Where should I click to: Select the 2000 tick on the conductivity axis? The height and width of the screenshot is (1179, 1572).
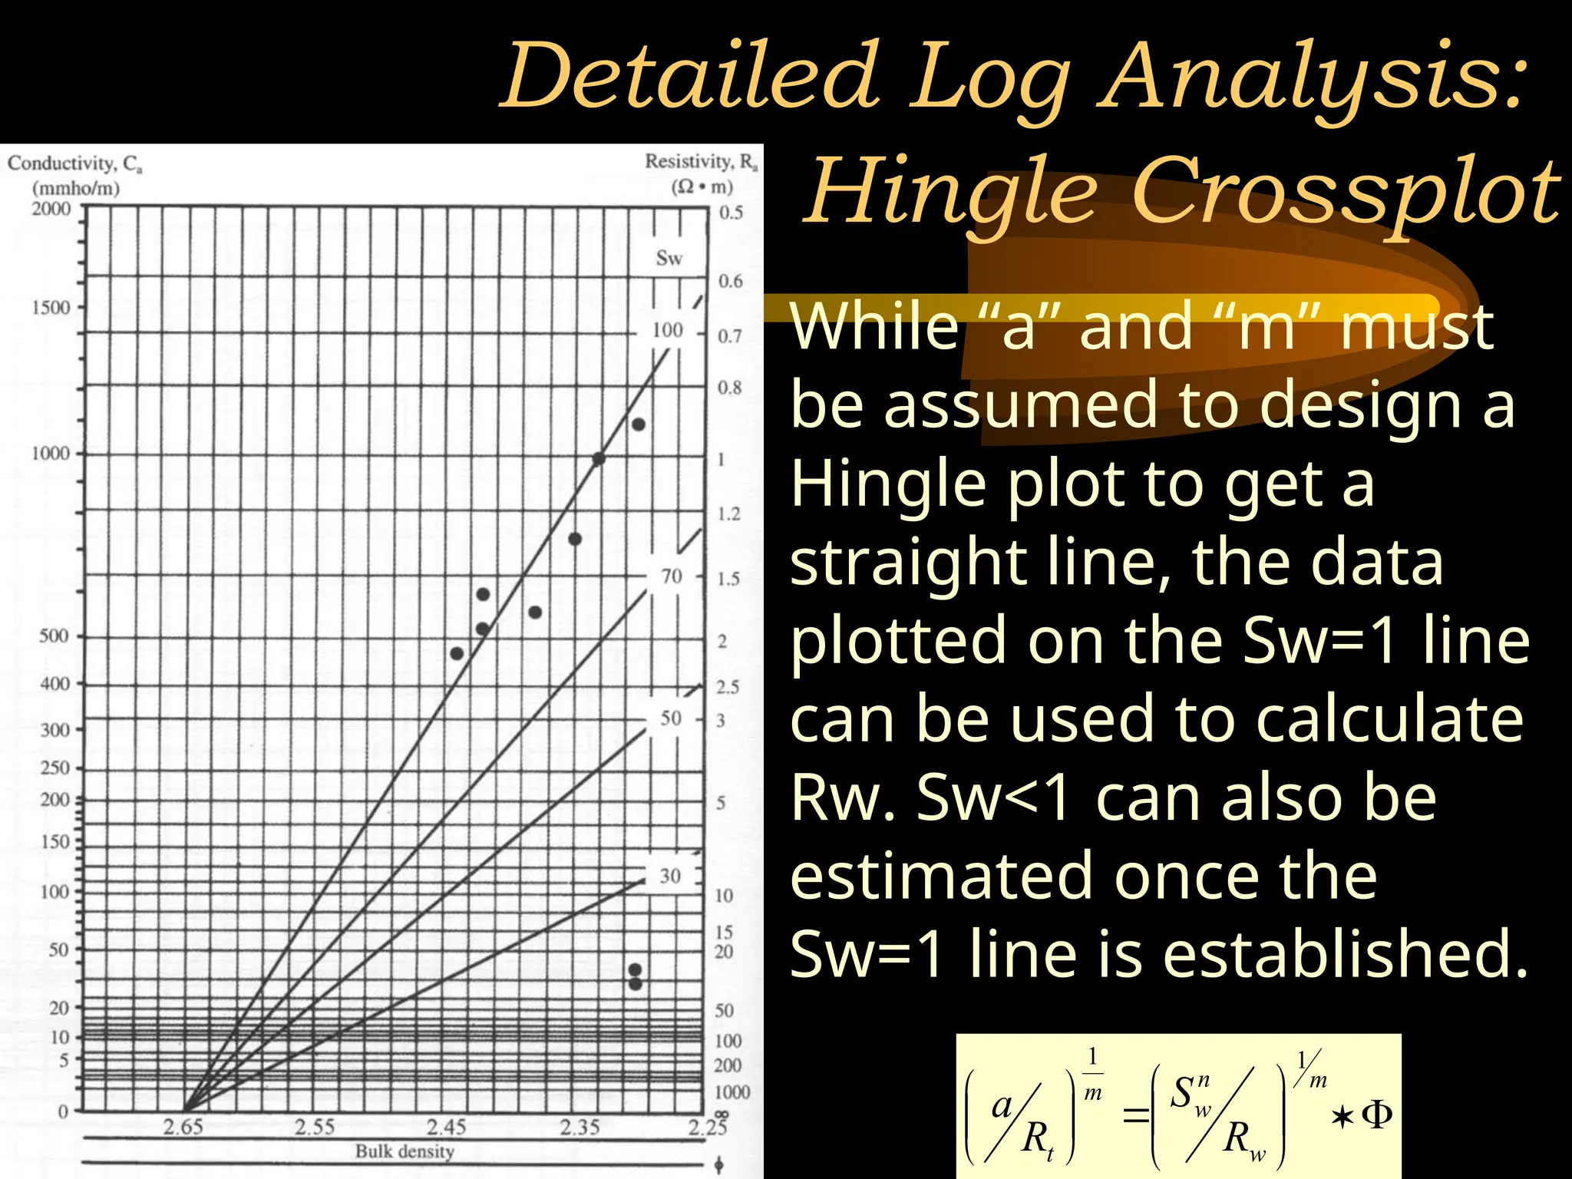[51, 210]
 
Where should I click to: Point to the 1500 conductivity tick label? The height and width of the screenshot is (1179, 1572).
[51, 308]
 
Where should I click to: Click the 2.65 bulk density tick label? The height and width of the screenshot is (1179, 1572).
[183, 1127]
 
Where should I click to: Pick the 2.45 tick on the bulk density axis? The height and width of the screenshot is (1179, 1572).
[447, 1127]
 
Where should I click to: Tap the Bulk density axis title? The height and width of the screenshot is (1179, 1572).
[405, 1151]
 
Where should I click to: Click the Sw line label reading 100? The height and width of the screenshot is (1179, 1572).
[667, 331]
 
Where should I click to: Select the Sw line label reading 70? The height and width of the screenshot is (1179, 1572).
[671, 576]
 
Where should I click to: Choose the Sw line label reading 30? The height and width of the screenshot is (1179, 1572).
[670, 876]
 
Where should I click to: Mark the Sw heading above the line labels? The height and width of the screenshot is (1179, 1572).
[669, 259]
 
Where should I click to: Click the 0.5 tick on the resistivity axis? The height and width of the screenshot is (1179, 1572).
[731, 213]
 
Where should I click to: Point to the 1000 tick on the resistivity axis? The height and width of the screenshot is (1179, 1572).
[732, 1092]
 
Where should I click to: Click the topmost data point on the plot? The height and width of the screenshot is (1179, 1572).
[638, 424]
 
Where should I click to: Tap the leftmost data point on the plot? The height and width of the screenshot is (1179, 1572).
[457, 654]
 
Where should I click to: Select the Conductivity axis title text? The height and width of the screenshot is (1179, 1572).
[74, 163]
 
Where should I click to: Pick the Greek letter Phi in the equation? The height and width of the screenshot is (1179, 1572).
[1376, 1115]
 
